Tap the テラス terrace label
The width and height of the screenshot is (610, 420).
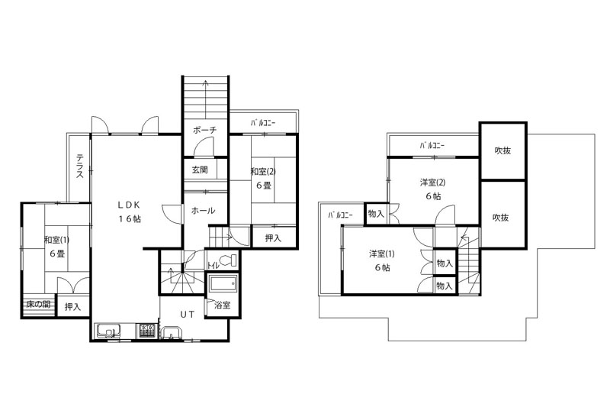[x=79, y=166]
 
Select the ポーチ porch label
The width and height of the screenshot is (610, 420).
[x=204, y=130]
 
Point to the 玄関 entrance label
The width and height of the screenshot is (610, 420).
[x=200, y=170]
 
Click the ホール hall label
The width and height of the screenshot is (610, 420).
[x=203, y=211]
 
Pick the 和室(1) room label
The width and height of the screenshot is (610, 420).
[x=56, y=240]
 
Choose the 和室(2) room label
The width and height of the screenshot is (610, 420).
[x=263, y=171]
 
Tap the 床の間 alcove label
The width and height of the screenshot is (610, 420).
[x=39, y=304]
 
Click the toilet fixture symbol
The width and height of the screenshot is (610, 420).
[x=228, y=260]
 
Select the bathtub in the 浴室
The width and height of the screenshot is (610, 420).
[x=223, y=283]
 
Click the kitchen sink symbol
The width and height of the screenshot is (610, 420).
[x=108, y=331]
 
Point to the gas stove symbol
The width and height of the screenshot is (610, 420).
[x=146, y=331]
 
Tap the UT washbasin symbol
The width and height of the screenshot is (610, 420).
[x=171, y=333]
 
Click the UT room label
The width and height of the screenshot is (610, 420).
[x=187, y=315]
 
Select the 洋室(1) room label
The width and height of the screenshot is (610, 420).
[x=382, y=254]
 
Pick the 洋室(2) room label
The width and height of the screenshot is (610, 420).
[x=432, y=183]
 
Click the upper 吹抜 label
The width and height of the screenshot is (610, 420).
[x=502, y=150]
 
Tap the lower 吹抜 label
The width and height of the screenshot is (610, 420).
[x=501, y=218]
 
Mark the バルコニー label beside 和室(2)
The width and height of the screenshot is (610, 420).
[x=263, y=123]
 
